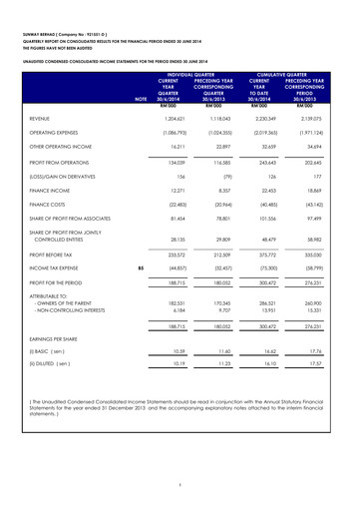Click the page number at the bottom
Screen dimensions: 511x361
point(181,485)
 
